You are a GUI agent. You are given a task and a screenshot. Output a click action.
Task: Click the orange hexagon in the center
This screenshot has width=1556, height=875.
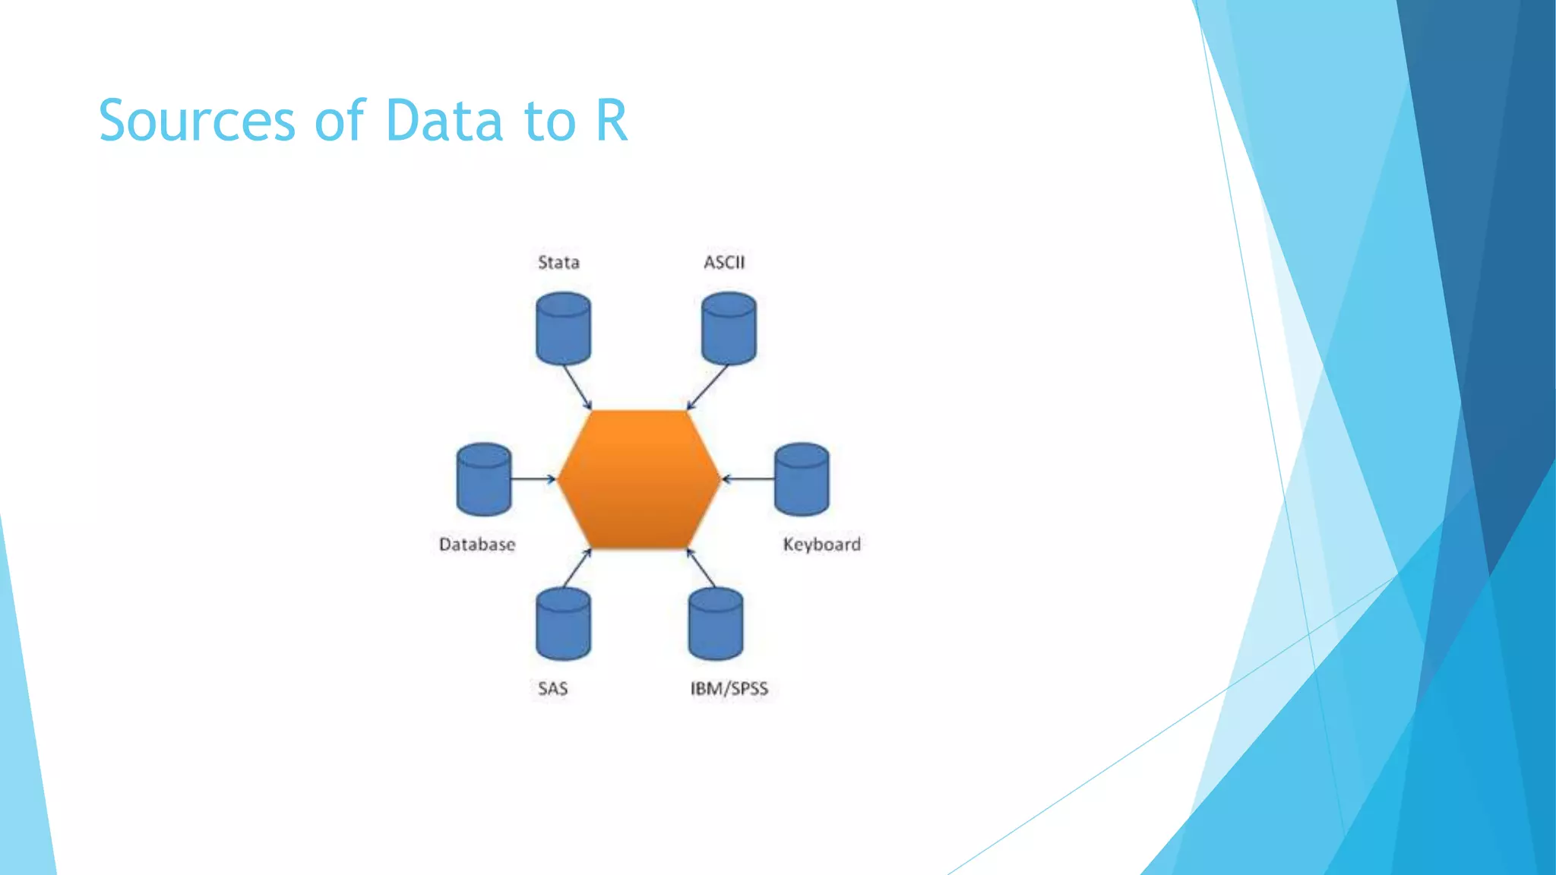tap(639, 479)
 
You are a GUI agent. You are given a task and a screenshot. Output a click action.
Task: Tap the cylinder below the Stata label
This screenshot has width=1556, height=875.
tap(563, 329)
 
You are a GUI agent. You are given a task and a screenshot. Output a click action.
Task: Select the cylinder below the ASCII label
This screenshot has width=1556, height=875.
tap(729, 329)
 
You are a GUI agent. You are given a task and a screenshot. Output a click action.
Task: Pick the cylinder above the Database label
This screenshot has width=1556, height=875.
tap(484, 479)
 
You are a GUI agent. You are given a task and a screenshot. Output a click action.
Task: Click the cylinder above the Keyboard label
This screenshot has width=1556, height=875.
tap(802, 479)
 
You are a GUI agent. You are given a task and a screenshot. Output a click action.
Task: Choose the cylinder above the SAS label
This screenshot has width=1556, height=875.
tap(563, 624)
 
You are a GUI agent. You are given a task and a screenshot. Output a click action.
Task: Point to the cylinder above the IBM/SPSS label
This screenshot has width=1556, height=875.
tap(716, 624)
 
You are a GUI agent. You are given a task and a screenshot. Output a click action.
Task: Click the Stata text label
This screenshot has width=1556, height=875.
tap(558, 263)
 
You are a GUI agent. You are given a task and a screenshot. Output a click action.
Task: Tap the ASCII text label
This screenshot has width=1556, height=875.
tap(724, 263)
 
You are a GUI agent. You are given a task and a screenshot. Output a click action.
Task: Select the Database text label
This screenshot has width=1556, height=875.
tap(477, 545)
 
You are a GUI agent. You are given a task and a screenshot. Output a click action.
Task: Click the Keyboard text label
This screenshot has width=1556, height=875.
tap(821, 545)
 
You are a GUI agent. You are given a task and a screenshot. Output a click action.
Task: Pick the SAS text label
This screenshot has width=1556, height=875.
tap(552, 689)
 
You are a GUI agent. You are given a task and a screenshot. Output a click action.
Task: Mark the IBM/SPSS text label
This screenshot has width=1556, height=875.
tap(729, 689)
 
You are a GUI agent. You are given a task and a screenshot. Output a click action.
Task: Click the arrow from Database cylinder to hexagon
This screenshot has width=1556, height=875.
tap(533, 479)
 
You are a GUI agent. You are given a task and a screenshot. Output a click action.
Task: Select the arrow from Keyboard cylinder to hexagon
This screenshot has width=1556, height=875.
tap(748, 479)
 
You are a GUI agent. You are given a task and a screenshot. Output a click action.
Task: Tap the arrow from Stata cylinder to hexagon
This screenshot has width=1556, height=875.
tap(577, 388)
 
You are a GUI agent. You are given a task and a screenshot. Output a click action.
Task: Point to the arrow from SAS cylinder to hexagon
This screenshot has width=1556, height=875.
tap(577, 568)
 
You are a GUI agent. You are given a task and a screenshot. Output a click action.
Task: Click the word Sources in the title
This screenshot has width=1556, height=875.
tap(197, 122)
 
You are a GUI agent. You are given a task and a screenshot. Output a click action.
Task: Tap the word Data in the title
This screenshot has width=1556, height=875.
tap(444, 122)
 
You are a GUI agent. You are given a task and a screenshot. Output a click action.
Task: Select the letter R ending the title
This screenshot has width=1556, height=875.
tap(612, 122)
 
